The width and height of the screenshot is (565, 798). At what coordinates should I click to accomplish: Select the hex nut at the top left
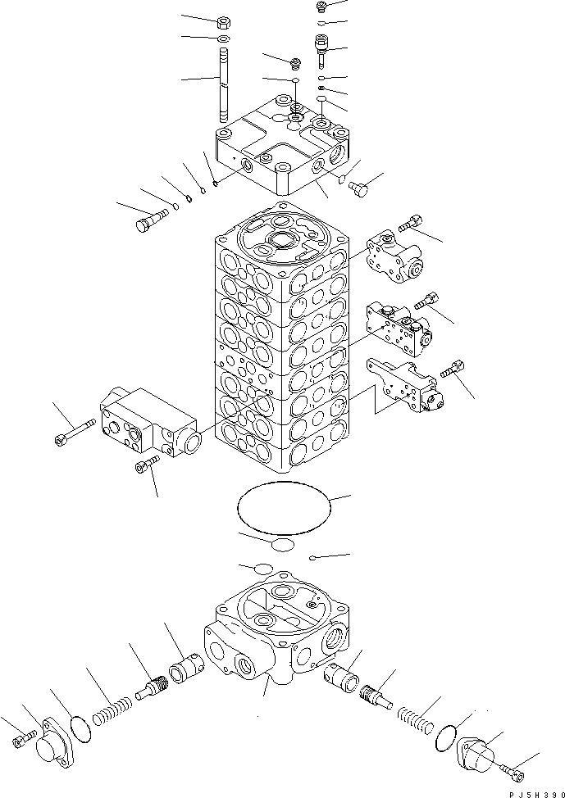pos(224,22)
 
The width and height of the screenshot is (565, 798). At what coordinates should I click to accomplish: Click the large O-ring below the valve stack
pos(282,508)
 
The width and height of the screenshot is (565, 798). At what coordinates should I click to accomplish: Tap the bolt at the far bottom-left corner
pos(22,741)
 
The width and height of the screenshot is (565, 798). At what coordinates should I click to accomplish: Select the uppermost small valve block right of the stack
pos(394,256)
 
